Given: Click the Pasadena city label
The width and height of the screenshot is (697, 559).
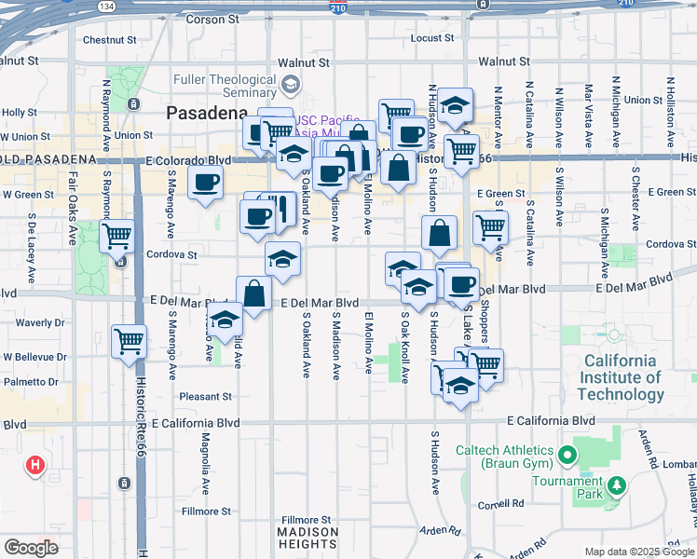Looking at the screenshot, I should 207,113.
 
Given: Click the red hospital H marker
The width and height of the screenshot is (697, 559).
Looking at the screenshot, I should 35,464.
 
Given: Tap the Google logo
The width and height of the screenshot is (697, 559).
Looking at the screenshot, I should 31,547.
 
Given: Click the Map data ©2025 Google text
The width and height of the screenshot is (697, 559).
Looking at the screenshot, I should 639,552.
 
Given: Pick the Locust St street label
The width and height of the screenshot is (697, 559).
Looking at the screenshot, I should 432,38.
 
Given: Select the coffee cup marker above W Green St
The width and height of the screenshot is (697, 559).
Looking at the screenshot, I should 205,181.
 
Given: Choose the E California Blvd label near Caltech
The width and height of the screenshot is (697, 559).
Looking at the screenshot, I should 552,421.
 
